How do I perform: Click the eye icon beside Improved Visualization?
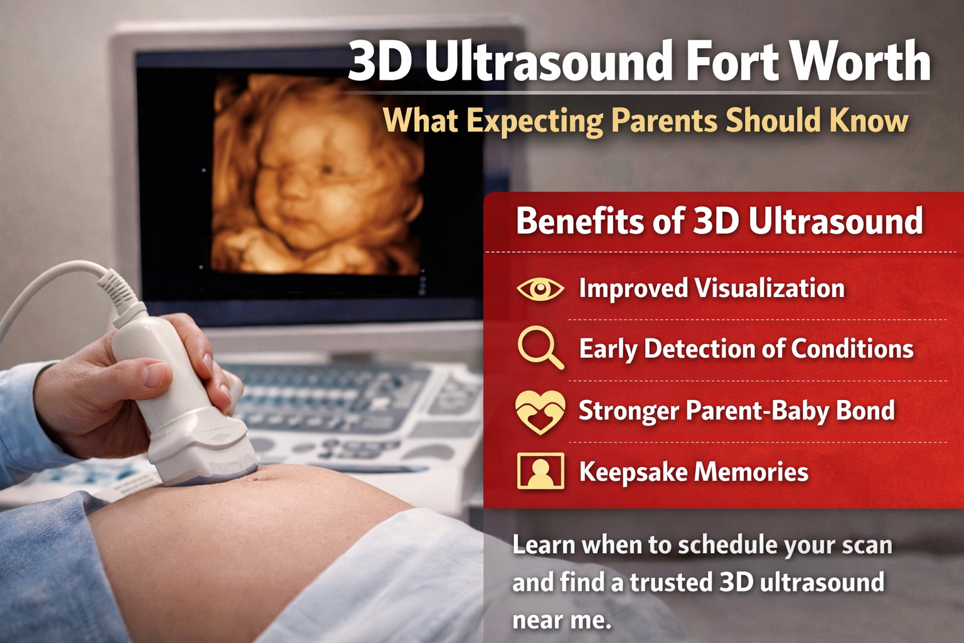click(x=540, y=289)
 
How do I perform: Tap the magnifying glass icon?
click(x=540, y=348)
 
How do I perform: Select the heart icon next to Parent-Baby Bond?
click(x=540, y=412)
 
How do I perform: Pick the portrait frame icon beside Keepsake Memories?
click(x=540, y=471)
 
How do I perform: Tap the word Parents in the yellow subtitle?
click(x=664, y=121)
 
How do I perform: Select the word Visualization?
click(x=770, y=288)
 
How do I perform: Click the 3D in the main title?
click(x=378, y=62)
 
